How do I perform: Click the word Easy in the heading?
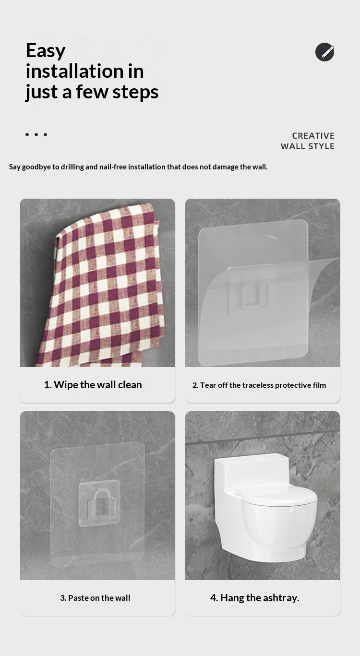click(x=46, y=51)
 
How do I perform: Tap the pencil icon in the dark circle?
click(x=324, y=52)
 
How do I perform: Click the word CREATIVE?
click(x=313, y=136)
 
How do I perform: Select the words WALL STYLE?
click(x=308, y=146)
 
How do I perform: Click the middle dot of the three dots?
click(x=36, y=134)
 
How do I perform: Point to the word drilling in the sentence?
click(x=72, y=167)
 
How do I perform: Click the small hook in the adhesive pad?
click(x=99, y=503)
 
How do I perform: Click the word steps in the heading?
click(x=135, y=92)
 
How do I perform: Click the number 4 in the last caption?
click(x=214, y=598)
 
